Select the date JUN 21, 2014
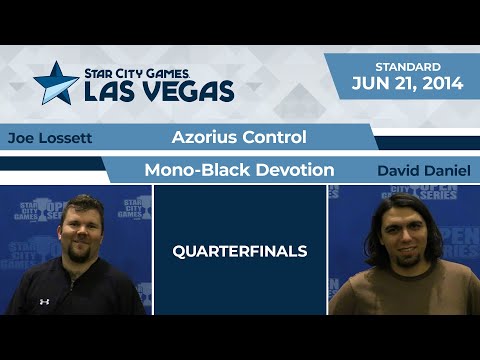tap(407, 85)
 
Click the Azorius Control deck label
tap(239, 137)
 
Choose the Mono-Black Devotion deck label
tap(239, 170)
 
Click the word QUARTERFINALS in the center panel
tap(240, 250)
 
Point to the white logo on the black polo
tap(45, 301)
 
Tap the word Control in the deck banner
tap(272, 137)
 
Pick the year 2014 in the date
tap(442, 85)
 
